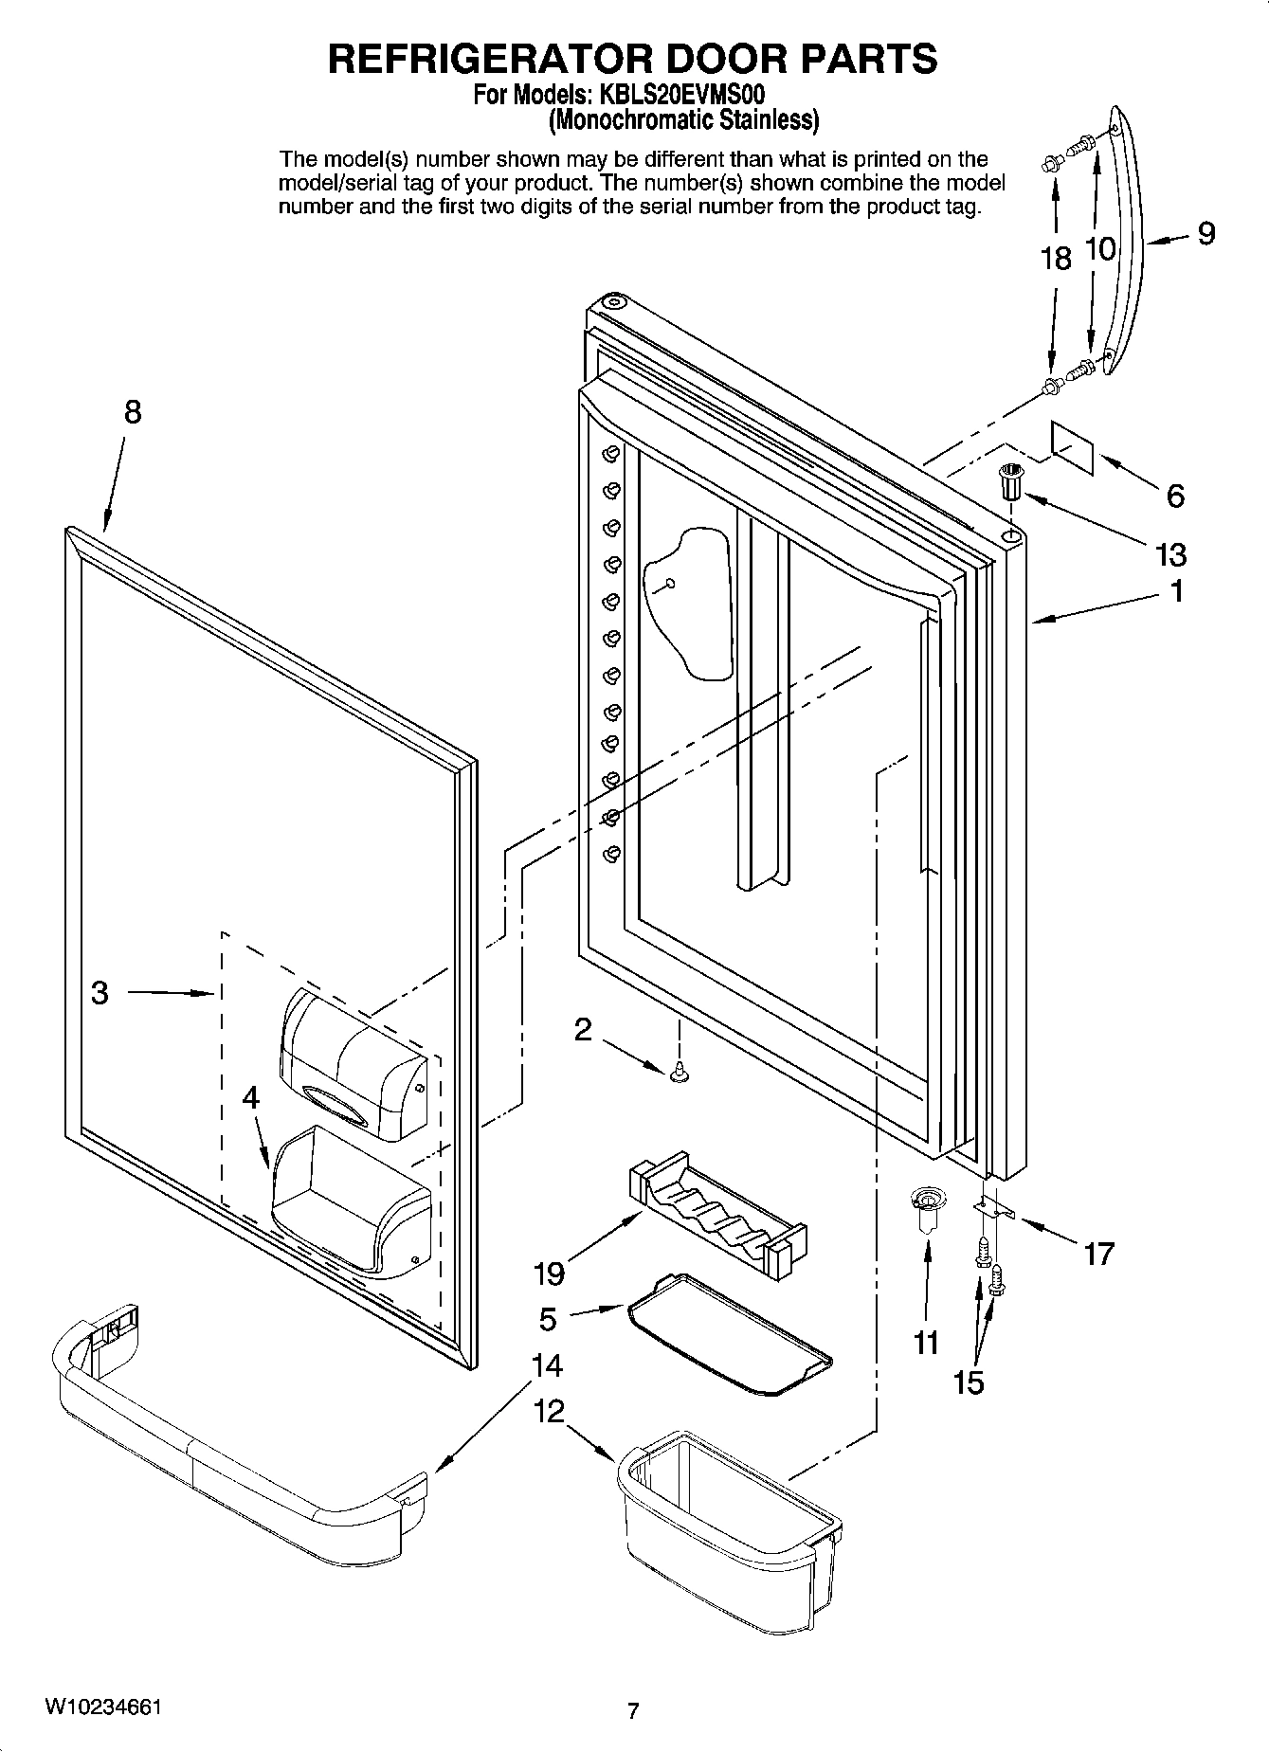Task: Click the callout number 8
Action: [132, 412]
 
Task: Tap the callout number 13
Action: [1172, 554]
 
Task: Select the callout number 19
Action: [549, 1273]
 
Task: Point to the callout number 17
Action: [1098, 1255]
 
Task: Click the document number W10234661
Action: [101, 1707]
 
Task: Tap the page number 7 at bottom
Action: [633, 1710]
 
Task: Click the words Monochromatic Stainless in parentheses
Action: [684, 120]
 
